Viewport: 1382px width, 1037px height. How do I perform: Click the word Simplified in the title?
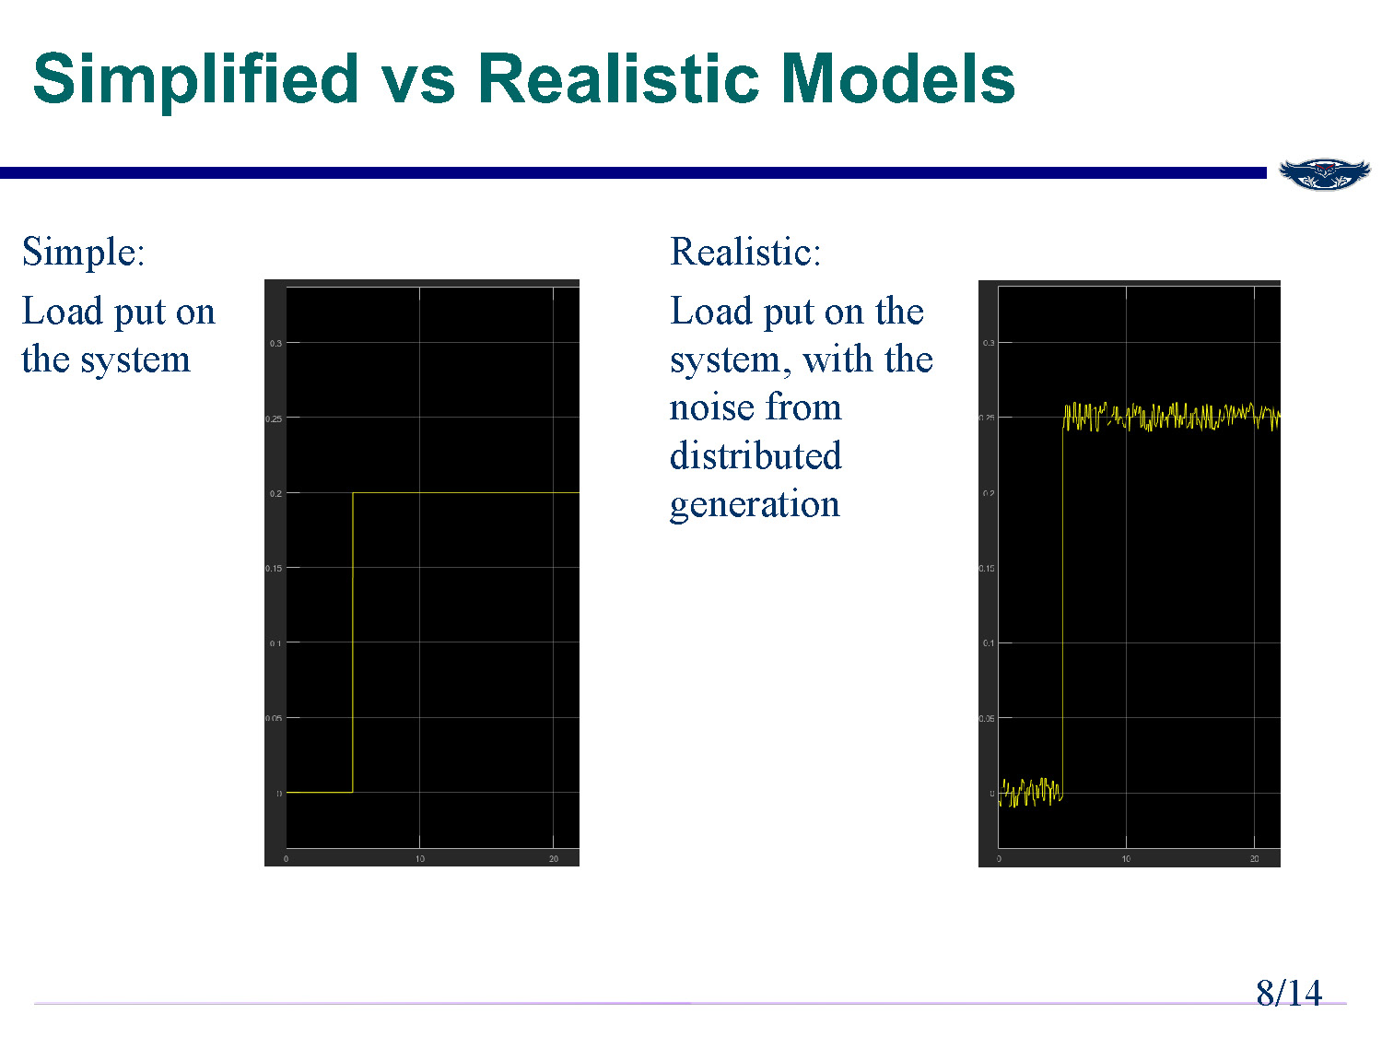pyautogui.click(x=195, y=79)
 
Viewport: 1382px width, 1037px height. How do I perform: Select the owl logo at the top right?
pyautogui.click(x=1324, y=173)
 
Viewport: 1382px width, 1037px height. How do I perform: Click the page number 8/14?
pyautogui.click(x=1288, y=993)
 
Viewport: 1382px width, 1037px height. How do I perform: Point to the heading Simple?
pyautogui.click(x=83, y=252)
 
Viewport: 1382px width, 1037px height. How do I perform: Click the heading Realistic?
pyautogui.click(x=744, y=252)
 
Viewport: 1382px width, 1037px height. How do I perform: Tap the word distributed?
pyautogui.click(x=755, y=455)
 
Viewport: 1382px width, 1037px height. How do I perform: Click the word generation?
pyautogui.click(x=754, y=504)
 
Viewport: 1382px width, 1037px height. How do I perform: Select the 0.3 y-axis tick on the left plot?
pyautogui.click(x=275, y=344)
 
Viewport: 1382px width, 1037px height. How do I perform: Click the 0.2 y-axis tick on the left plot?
pyautogui.click(x=275, y=494)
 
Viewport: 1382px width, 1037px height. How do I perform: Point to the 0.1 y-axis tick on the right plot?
pyautogui.click(x=989, y=643)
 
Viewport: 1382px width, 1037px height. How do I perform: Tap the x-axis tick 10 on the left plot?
pyautogui.click(x=419, y=859)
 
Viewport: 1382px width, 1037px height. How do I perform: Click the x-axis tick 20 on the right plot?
pyautogui.click(x=1254, y=859)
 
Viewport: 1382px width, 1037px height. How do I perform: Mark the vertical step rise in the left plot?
pyautogui.click(x=353, y=645)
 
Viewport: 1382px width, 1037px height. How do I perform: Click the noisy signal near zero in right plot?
pyautogui.click(x=1030, y=792)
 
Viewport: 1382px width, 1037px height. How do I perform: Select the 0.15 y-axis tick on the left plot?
pyautogui.click(x=274, y=569)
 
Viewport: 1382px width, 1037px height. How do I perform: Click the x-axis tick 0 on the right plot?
pyautogui.click(x=999, y=859)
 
